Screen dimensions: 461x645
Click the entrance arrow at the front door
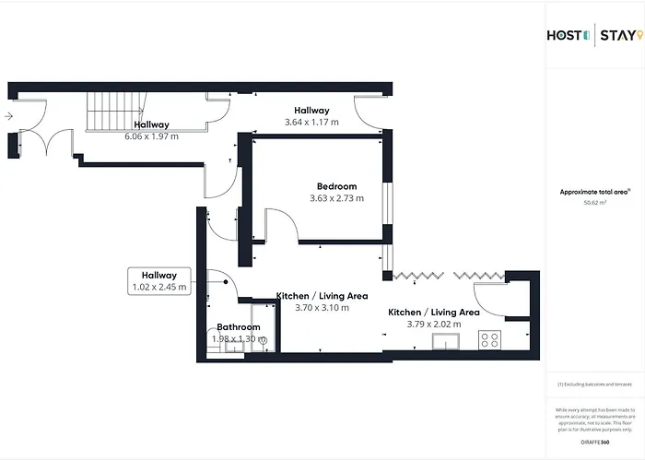[x=8, y=117]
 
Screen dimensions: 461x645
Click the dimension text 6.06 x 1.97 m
[x=151, y=136]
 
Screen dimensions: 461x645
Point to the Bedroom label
[x=335, y=186]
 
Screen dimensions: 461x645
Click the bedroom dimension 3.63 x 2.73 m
[x=335, y=198]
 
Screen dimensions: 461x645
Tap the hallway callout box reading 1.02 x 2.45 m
[x=159, y=281]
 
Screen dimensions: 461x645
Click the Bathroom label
[x=239, y=327]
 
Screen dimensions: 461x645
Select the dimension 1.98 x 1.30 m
[x=239, y=338]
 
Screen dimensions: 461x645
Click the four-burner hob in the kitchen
[x=489, y=339]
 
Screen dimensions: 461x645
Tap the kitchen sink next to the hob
[x=449, y=344]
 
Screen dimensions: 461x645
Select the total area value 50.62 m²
[x=595, y=202]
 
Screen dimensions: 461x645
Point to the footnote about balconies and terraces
[x=595, y=384]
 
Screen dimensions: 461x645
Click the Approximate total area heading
[x=594, y=192]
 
